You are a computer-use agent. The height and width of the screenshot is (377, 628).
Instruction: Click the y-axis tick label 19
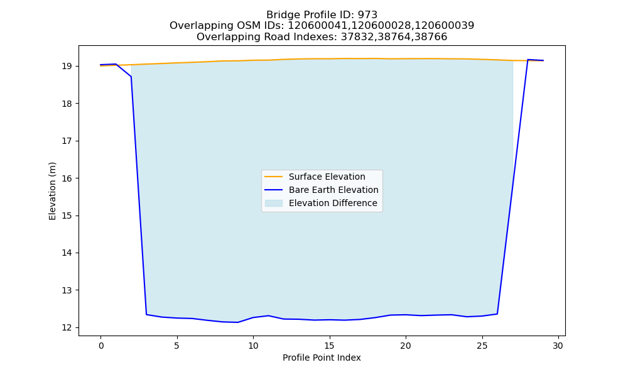(67, 66)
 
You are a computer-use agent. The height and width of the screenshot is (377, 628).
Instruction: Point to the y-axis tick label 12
(67, 328)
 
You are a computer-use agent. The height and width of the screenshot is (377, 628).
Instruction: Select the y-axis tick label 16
(67, 178)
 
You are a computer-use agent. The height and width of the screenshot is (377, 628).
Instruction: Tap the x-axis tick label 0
(100, 346)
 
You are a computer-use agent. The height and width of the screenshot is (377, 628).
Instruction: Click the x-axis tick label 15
(329, 346)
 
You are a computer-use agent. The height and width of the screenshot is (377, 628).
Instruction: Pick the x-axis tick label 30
(558, 346)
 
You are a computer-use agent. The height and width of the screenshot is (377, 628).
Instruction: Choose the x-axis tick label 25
(482, 346)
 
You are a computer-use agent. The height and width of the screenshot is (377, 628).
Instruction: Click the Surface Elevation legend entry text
(327, 177)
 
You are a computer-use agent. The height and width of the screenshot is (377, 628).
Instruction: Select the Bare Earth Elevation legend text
(333, 190)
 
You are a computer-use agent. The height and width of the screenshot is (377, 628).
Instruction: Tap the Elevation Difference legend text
(333, 203)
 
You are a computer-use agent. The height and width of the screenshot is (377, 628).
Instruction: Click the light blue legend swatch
(274, 203)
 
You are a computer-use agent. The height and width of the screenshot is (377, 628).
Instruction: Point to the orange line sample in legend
(274, 177)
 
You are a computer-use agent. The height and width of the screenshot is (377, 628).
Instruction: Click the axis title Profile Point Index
(322, 358)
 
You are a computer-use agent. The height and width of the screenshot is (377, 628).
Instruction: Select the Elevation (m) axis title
(52, 191)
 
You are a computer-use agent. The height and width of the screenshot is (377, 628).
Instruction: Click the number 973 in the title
(367, 15)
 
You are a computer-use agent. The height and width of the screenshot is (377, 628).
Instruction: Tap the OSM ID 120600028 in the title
(381, 26)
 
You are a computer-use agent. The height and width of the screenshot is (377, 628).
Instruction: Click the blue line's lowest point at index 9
(238, 322)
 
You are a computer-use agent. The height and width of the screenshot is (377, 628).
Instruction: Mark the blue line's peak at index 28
(528, 60)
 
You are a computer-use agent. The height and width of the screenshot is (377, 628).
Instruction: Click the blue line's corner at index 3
(146, 315)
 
